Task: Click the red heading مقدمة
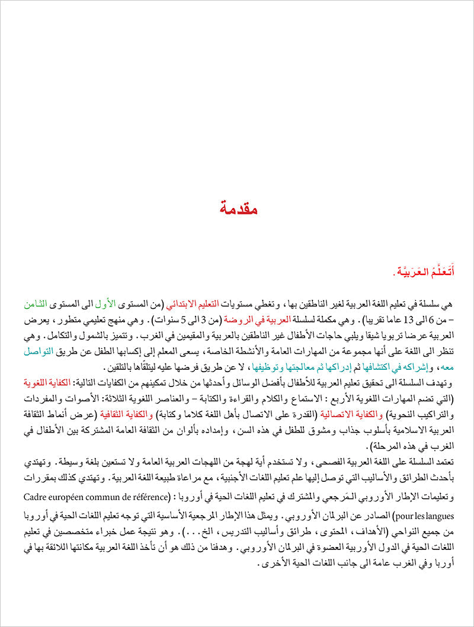pos(237,209)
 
